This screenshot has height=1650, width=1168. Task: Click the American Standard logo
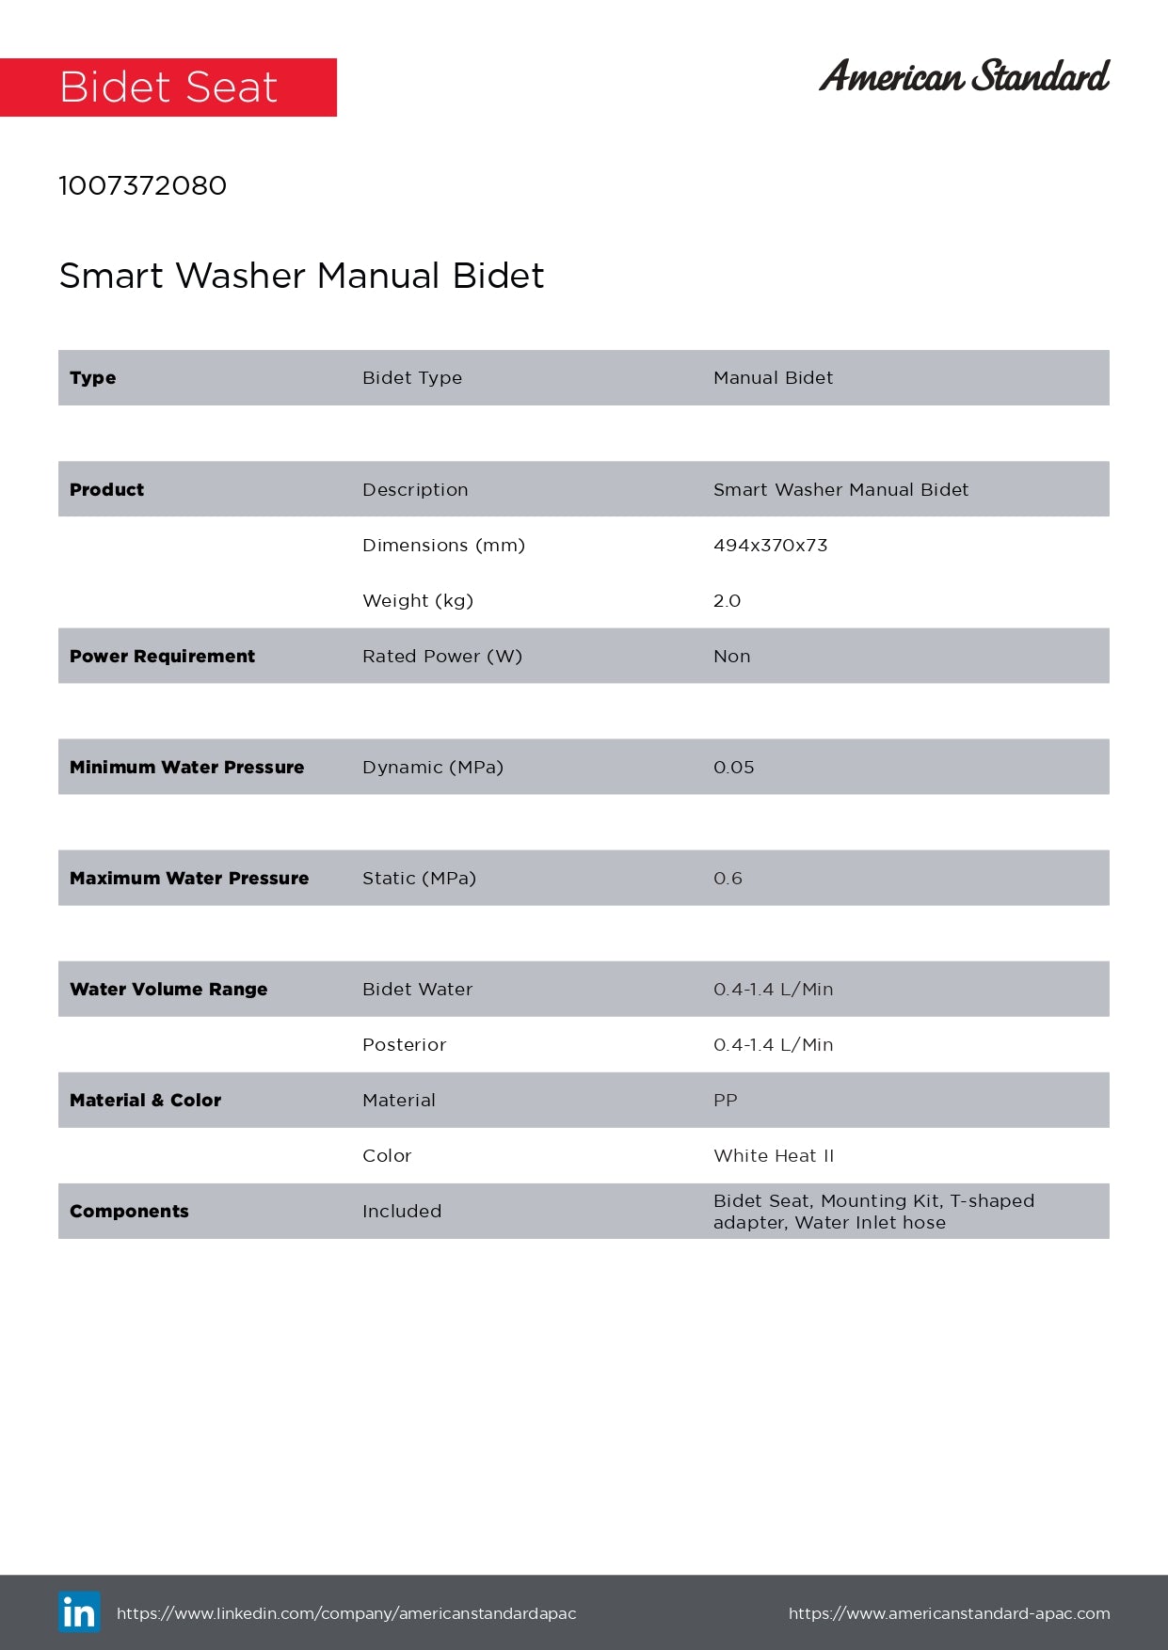coord(964,76)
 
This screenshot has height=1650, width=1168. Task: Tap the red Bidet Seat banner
coord(168,87)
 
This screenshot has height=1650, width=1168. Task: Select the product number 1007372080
coord(142,185)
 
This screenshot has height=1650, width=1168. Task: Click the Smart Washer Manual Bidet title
coord(301,276)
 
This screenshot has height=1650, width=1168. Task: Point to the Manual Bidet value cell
coord(773,377)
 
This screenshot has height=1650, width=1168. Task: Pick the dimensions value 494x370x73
coord(770,545)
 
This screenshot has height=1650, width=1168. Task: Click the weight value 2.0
coord(727,600)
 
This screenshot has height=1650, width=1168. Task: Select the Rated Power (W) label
coord(441,656)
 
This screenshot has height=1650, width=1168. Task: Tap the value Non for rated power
coord(731,656)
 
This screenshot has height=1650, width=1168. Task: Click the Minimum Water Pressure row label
coord(186,767)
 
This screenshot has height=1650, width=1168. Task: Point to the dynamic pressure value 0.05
coord(733,767)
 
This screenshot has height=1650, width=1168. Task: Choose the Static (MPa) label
coord(419,878)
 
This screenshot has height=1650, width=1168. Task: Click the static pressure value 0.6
coord(728,878)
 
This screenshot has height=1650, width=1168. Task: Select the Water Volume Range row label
coord(168,989)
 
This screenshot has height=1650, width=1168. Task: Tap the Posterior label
coord(404,1044)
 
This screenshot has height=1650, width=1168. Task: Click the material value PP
coord(725,1100)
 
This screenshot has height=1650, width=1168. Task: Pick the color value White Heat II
coord(774,1155)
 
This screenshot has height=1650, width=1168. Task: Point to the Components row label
coord(129,1211)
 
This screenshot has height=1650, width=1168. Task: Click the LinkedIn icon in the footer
coord(79,1612)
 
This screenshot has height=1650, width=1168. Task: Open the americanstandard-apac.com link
coord(949,1613)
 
